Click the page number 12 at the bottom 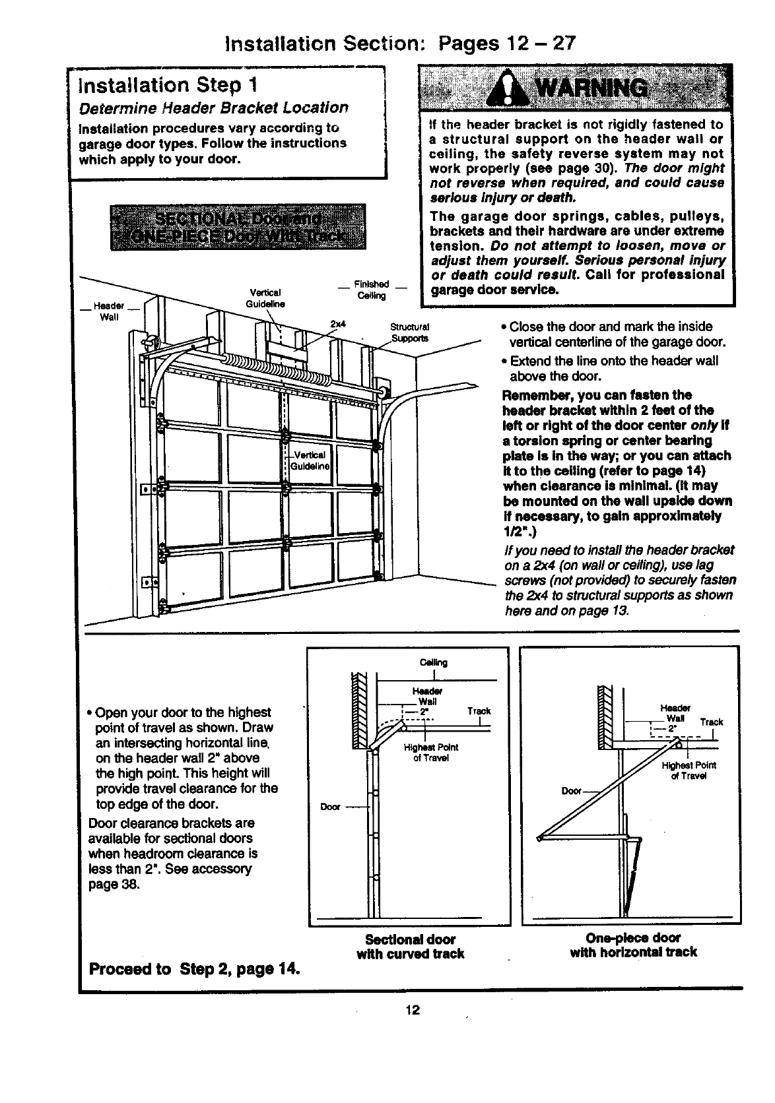coord(413,1011)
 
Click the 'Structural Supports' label coord(410,332)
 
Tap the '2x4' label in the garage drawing coord(338,324)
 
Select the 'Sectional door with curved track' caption coord(410,946)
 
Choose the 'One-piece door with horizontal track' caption coord(633,945)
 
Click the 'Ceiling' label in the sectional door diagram coord(433,662)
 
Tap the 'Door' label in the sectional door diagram coord(329,806)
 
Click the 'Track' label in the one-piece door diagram coord(711,722)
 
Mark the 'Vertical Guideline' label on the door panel coord(310,460)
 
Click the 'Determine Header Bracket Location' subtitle coord(213,108)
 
